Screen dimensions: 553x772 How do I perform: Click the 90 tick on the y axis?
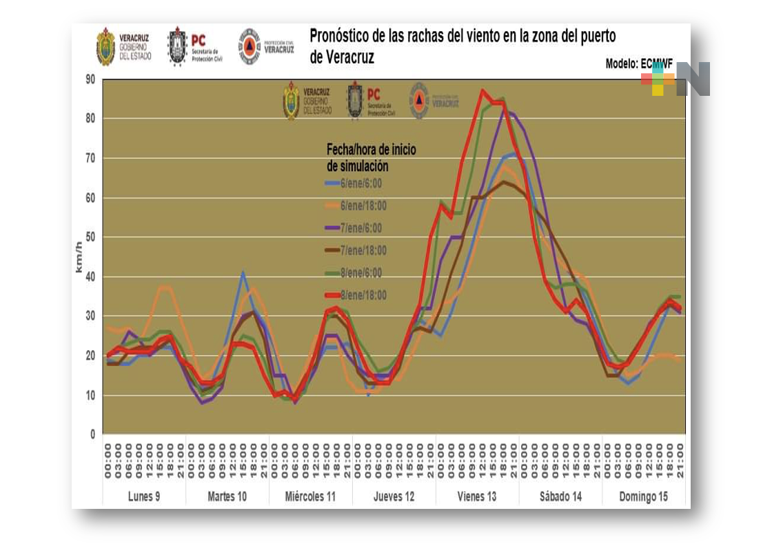[90, 79]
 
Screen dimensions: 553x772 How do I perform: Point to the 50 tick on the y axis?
[90, 237]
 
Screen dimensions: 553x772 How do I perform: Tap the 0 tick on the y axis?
[92, 435]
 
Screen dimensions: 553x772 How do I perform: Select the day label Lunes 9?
[144, 496]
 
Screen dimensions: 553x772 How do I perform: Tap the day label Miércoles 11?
[310, 496]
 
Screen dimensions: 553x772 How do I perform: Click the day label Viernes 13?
[476, 496]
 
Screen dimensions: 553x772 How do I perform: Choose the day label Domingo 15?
[643, 496]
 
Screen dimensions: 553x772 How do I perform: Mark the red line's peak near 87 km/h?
[482, 90]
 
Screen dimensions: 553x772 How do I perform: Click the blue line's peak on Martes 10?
[243, 272]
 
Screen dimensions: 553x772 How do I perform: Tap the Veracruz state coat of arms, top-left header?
[105, 47]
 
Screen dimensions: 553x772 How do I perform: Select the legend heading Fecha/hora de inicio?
[371, 150]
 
